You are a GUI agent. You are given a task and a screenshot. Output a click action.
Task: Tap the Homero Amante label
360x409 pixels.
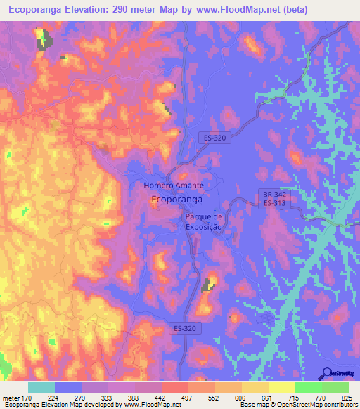pos(174,186)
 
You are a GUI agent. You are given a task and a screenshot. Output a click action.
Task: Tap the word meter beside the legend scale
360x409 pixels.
pos(12,397)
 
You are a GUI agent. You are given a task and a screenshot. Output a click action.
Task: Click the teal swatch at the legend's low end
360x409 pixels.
pos(41,387)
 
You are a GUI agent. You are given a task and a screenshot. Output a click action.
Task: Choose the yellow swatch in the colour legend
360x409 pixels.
pos(282,387)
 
